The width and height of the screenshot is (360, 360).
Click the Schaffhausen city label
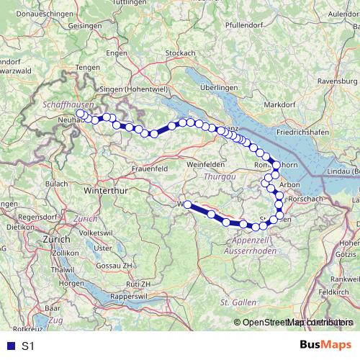[64, 104]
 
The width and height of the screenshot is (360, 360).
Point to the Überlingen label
[219, 86]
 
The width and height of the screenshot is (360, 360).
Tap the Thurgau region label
[218, 176]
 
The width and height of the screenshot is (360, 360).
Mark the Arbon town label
[289, 185]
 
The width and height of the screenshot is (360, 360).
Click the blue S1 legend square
[9, 346]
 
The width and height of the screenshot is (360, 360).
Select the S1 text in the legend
[28, 346]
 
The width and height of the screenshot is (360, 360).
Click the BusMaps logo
[326, 345]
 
